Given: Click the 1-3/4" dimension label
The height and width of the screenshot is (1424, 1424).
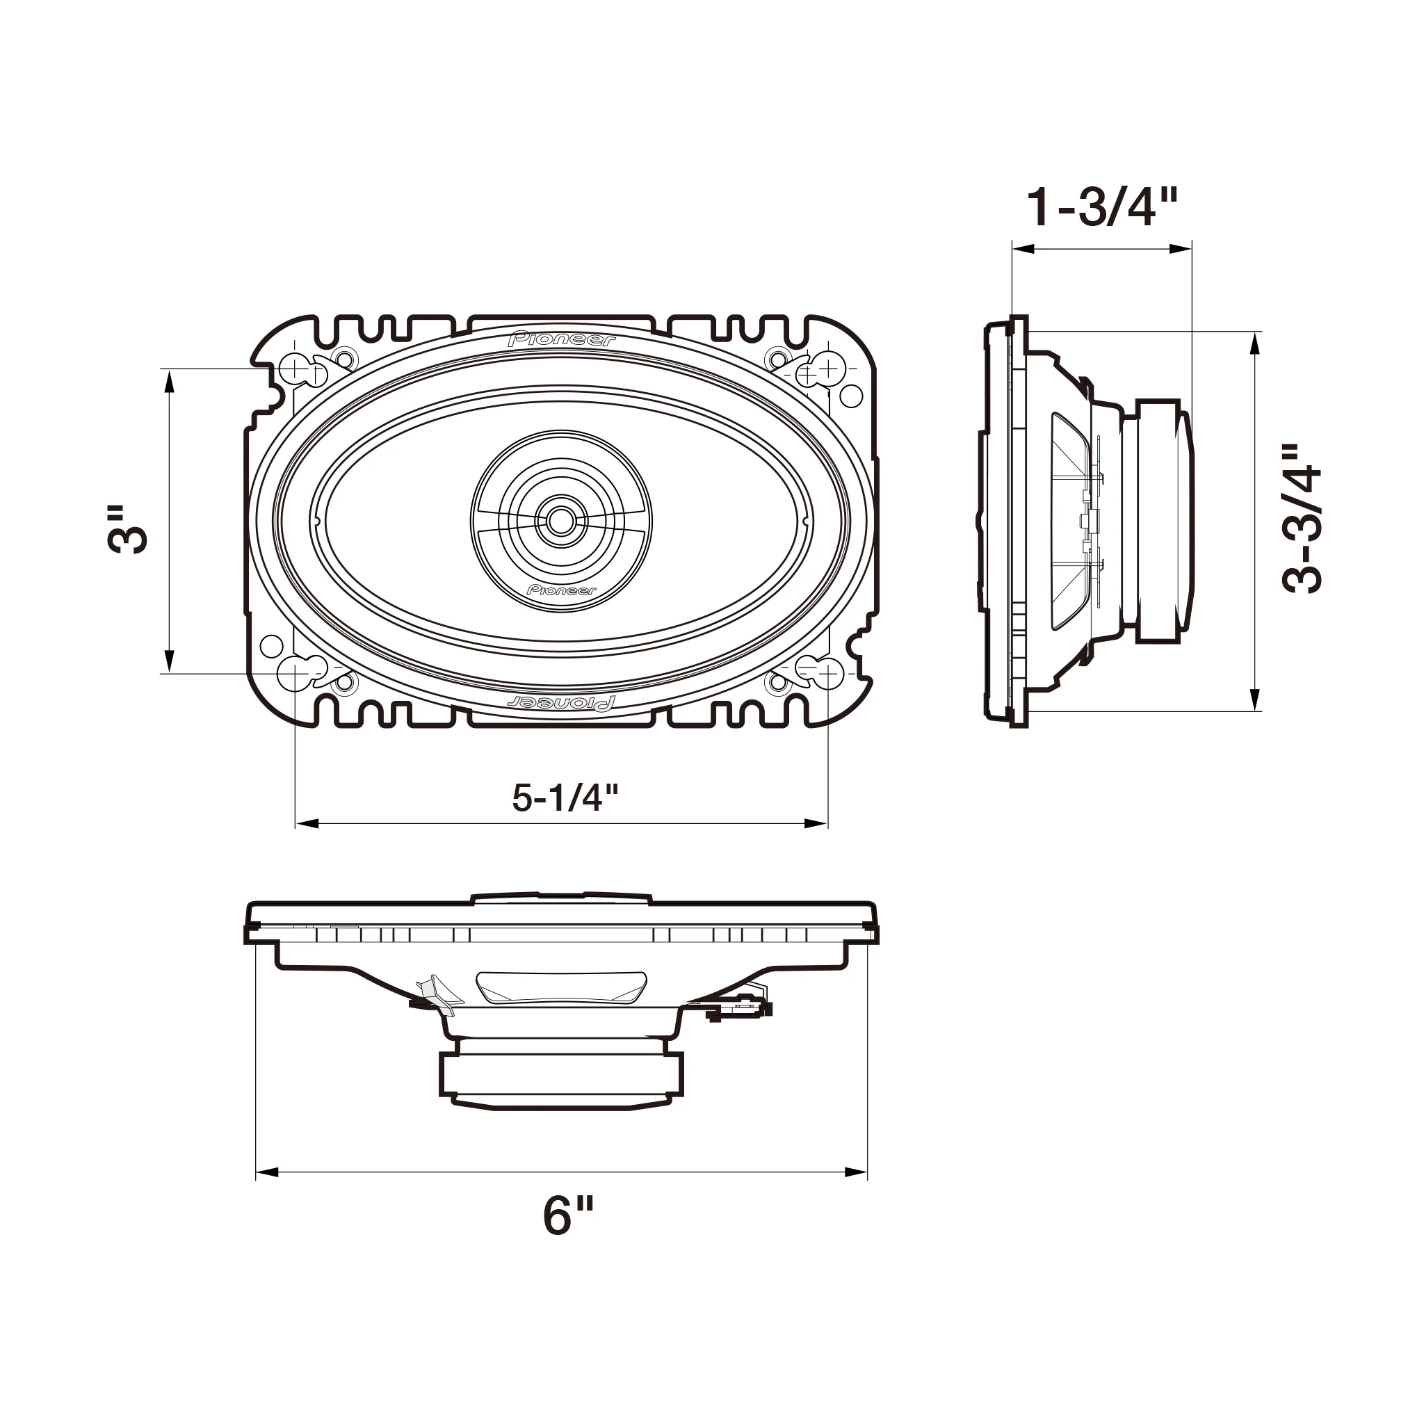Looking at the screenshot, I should click(x=1103, y=208).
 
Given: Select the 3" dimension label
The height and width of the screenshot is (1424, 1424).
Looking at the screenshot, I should click(x=127, y=529).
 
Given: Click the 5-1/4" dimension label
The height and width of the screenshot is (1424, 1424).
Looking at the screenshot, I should click(x=565, y=798).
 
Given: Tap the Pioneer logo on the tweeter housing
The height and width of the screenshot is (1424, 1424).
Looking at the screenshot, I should click(x=562, y=590).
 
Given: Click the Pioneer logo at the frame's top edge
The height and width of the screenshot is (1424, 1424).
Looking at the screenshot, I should click(x=562, y=340).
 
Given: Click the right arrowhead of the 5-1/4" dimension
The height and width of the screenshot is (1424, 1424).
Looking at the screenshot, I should click(x=818, y=823).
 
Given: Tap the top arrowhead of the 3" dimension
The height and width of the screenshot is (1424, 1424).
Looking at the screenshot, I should click(x=170, y=380).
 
